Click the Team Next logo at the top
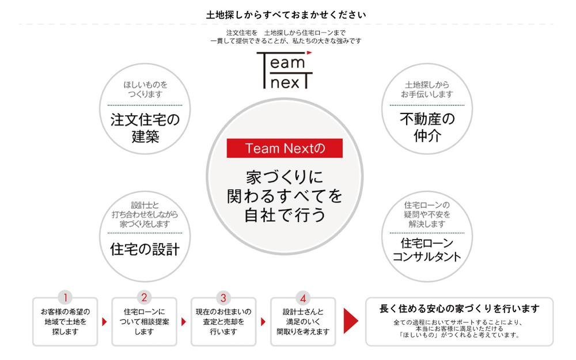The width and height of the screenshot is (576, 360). point(285,70)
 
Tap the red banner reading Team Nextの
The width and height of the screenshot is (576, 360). point(285,148)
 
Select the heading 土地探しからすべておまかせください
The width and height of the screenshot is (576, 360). point(286,15)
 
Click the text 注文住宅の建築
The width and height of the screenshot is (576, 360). point(145,128)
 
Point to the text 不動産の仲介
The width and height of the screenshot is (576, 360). point(427,127)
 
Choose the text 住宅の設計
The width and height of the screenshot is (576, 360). point(145,249)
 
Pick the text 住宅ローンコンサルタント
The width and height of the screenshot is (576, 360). point(427,249)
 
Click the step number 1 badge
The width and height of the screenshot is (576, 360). point(66,297)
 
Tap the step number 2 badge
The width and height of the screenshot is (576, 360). point(145,297)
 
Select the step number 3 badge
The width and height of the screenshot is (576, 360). point(223,297)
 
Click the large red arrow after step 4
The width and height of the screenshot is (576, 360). point(351,321)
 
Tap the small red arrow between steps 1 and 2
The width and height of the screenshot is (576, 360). point(104,322)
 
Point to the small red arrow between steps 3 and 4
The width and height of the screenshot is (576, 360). point(263,322)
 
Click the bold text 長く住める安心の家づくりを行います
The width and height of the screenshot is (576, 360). point(459,308)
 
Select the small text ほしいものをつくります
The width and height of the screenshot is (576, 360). point(145,89)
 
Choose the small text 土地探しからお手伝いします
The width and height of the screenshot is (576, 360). point(427,89)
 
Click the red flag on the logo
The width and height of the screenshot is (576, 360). point(309,53)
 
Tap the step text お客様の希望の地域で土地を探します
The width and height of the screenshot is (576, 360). point(66,322)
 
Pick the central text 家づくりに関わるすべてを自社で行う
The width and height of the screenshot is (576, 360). point(285,196)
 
